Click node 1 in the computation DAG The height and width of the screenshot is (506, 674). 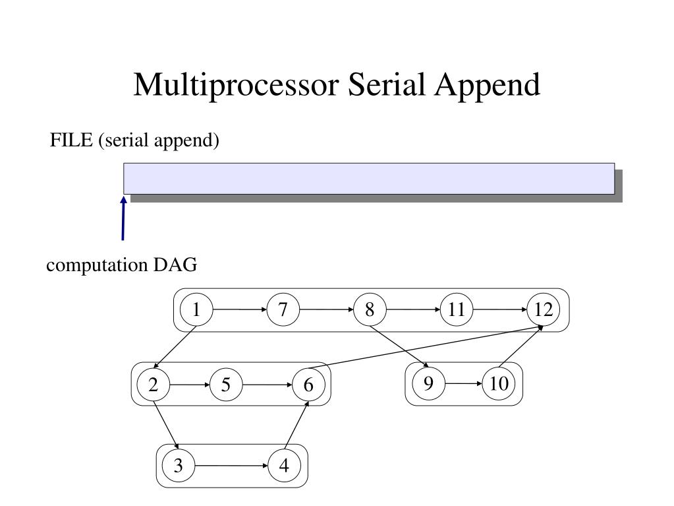[196, 309]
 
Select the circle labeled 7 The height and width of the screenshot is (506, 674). [283, 309]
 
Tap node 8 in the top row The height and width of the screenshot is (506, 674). [370, 309]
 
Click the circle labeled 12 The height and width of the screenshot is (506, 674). [544, 309]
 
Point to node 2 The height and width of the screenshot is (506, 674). [153, 385]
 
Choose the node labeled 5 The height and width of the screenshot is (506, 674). [226, 385]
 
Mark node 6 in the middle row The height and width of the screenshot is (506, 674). [308, 385]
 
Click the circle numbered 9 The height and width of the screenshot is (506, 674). [428, 383]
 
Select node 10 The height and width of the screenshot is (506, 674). [499, 383]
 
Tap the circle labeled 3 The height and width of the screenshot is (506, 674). [178, 466]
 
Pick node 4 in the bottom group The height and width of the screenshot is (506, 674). [284, 466]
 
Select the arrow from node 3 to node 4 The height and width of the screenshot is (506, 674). [231, 466]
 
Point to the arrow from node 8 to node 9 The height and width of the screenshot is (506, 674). [399, 346]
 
